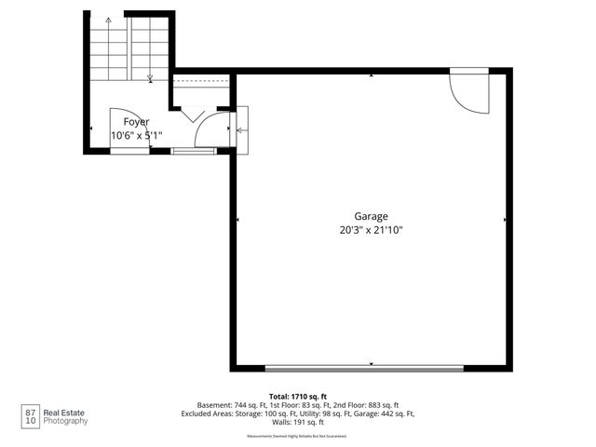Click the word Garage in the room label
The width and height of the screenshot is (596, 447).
[371, 216]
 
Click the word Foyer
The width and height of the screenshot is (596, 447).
[136, 122]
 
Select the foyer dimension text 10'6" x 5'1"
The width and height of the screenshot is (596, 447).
[136, 135]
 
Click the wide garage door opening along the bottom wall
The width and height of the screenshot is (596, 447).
[363, 369]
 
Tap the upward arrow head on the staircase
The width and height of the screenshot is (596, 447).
[109, 20]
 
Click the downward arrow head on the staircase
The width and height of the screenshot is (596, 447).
[150, 78]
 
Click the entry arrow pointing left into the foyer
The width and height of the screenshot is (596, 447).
[241, 130]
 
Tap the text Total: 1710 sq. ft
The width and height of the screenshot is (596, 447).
[297, 396]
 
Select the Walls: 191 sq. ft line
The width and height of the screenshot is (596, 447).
[297, 423]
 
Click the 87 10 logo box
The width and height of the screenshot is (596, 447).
[32, 414]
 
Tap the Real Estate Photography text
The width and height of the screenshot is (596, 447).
[68, 415]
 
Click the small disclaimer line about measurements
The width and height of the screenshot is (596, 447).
[297, 436]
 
